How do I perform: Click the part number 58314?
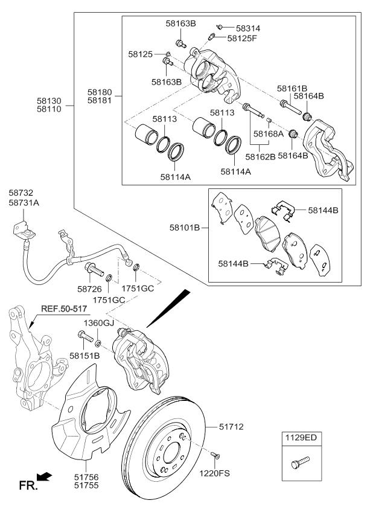[248, 28]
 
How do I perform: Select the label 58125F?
[242, 38]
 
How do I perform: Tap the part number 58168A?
[268, 134]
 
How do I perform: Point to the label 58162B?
[261, 156]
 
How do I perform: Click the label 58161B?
[292, 88]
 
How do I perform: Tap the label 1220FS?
[216, 474]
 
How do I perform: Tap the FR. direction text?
[28, 485]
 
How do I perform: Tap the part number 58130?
[49, 100]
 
